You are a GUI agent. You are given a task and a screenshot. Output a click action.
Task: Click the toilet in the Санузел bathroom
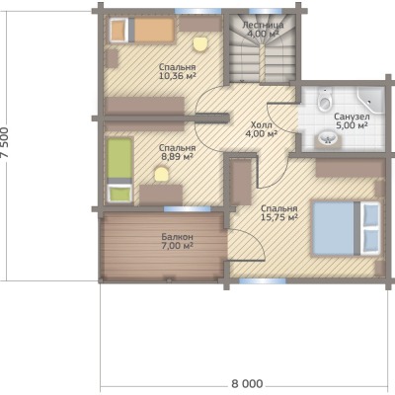tap(325, 101)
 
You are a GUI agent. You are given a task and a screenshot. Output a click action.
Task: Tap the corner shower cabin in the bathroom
tap(371, 100)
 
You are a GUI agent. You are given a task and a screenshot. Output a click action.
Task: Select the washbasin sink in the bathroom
tap(328, 138)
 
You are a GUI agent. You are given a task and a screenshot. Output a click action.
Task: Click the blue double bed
tap(347, 228)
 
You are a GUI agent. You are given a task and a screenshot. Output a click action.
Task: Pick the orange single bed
tap(142, 30)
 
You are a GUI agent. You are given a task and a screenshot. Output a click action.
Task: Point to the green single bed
tap(119, 170)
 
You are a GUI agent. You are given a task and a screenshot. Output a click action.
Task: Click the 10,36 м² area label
tap(178, 76)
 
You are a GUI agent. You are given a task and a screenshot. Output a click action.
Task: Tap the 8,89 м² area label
tap(177, 157)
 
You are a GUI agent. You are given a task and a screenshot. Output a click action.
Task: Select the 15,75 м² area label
tap(279, 217)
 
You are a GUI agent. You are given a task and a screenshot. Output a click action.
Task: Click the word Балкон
tap(178, 237)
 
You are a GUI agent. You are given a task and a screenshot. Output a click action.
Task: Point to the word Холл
tap(262, 125)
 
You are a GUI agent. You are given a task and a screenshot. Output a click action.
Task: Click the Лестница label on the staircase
tap(263, 25)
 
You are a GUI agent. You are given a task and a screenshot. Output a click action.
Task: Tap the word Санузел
tap(352, 117)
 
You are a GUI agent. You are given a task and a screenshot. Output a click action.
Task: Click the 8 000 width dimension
tap(247, 384)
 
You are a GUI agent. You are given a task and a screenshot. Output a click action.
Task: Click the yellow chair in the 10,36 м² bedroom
tap(200, 44)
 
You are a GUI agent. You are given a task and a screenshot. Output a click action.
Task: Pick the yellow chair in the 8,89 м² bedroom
tap(162, 174)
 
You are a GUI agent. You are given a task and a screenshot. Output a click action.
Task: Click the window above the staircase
tap(263, 11)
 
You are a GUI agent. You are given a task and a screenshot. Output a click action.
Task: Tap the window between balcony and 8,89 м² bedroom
tap(188, 208)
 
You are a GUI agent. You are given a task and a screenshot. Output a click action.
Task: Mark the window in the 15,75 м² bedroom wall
tap(263, 280)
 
